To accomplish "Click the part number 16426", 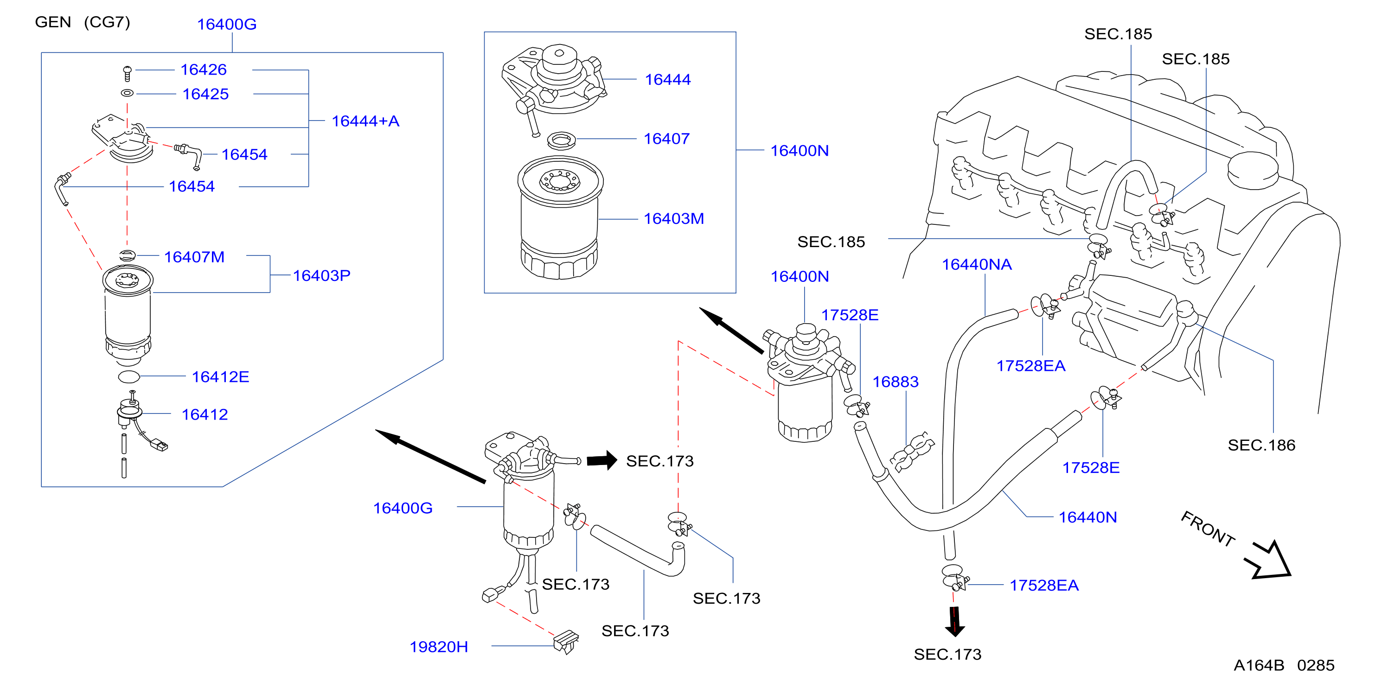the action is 203,70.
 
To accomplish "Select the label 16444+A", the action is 365,121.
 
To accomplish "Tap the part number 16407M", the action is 194,256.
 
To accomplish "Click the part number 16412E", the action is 220,376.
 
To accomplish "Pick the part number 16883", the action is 895,382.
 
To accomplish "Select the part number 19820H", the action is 439,647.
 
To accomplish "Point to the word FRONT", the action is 1208,529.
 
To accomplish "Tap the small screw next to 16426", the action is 127,73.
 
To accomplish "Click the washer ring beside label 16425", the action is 127,93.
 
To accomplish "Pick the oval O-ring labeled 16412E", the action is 129,376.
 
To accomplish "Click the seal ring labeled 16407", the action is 561,140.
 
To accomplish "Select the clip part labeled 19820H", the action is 566,641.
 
